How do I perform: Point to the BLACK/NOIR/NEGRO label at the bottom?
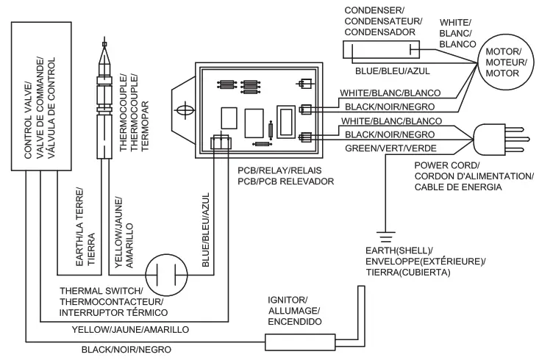(126, 350)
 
